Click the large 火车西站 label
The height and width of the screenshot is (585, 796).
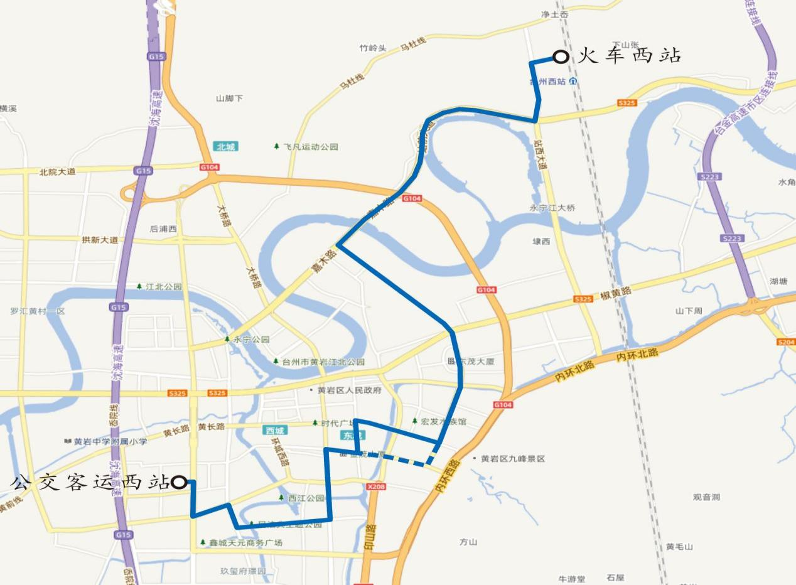pyautogui.click(x=629, y=56)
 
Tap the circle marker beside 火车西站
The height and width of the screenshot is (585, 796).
pyautogui.click(x=562, y=57)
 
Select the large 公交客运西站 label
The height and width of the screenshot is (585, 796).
pyautogui.click(x=90, y=482)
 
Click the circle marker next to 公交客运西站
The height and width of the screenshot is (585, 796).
pyautogui.click(x=179, y=482)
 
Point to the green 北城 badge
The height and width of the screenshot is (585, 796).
pyautogui.click(x=225, y=147)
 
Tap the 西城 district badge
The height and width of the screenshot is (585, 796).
pyautogui.click(x=275, y=431)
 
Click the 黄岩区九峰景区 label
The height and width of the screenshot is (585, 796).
pyautogui.click(x=513, y=459)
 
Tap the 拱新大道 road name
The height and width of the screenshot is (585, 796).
pyautogui.click(x=100, y=240)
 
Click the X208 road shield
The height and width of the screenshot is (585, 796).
pyautogui.click(x=377, y=486)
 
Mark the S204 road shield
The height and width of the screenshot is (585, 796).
pyautogui.click(x=785, y=342)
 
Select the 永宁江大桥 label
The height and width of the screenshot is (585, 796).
pyautogui.click(x=552, y=208)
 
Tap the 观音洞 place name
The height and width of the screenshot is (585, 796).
pyautogui.click(x=706, y=497)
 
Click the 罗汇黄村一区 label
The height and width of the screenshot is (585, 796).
pyautogui.click(x=38, y=311)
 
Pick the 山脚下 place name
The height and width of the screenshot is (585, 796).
pyautogui.click(x=229, y=99)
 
